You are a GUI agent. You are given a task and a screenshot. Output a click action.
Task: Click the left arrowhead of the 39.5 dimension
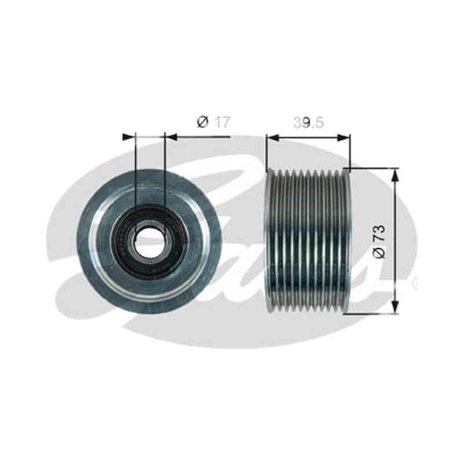(273, 137)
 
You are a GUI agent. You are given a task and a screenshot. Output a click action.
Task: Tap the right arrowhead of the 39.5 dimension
(344, 137)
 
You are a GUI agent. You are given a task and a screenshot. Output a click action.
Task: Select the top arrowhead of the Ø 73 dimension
(396, 175)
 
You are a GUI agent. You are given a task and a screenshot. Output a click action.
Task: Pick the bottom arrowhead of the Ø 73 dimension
(396, 307)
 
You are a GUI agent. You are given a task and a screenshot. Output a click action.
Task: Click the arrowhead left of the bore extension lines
(128, 137)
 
